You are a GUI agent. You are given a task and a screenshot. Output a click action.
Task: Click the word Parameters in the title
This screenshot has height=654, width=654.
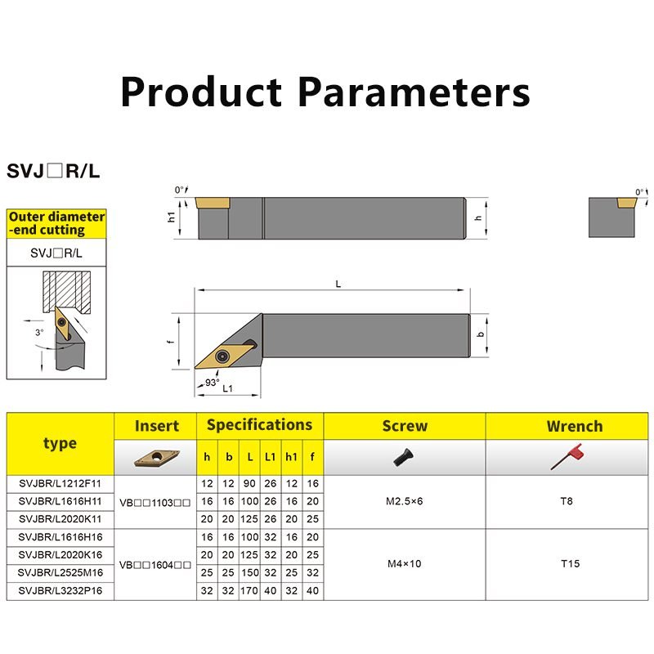414,92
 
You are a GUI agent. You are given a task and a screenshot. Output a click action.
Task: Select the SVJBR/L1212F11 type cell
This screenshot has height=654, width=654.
60,484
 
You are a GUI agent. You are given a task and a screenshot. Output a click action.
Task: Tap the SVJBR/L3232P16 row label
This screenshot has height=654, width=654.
60,591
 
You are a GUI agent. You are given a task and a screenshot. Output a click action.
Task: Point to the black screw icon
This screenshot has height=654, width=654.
403,458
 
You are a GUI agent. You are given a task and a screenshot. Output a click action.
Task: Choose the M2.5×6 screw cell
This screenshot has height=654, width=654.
404,501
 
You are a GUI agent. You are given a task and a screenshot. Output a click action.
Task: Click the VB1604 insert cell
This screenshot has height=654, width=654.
155,565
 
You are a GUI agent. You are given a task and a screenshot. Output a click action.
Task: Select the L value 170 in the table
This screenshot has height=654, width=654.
249,591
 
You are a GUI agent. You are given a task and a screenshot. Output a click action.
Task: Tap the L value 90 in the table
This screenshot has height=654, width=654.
249,484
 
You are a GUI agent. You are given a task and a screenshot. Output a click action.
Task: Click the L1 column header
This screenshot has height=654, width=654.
271,457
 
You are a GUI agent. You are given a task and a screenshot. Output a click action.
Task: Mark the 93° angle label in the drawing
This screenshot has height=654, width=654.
212,383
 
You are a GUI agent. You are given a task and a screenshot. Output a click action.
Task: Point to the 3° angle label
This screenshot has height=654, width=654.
39,333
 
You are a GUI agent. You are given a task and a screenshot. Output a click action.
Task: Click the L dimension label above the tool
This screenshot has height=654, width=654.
338,284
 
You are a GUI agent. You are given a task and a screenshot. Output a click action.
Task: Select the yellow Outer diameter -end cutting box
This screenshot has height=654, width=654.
56,223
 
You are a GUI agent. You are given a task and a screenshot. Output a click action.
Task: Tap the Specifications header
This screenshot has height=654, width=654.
259,425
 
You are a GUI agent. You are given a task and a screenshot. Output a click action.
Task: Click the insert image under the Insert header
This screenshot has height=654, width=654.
157,458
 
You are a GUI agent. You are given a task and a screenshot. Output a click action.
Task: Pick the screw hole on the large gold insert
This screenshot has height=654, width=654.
222,356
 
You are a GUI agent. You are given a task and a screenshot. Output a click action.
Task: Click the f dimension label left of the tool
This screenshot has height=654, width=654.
170,342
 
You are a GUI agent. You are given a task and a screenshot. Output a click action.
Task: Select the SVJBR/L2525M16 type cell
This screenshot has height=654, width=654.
60,573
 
